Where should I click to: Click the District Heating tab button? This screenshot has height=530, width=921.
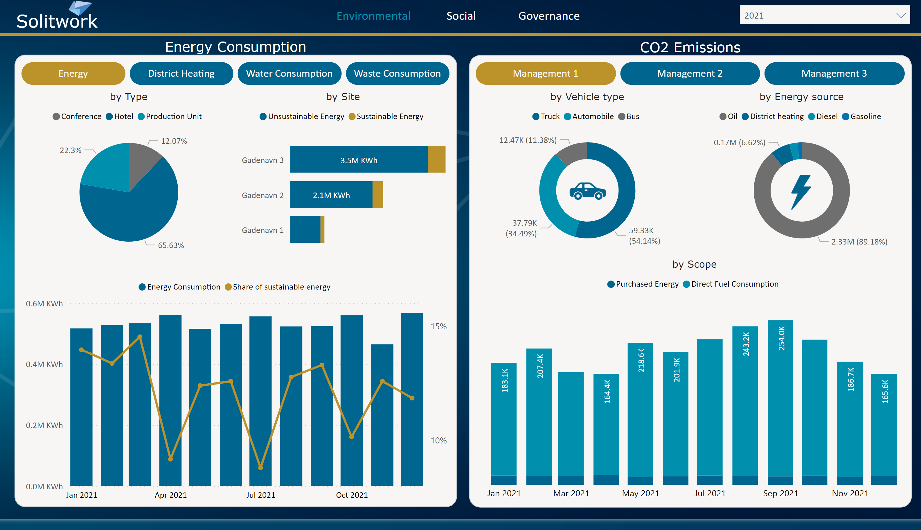click(181, 73)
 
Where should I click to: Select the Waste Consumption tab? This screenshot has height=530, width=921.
click(397, 73)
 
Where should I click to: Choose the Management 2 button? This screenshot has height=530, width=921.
click(690, 73)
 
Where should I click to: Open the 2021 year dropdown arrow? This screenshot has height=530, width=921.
click(901, 15)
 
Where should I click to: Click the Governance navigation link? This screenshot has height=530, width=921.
click(549, 16)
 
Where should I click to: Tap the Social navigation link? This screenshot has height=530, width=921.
click(461, 16)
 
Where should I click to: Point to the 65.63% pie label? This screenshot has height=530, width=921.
click(171, 245)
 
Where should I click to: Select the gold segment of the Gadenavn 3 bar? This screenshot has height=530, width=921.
click(436, 159)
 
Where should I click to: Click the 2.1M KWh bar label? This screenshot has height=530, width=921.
click(331, 195)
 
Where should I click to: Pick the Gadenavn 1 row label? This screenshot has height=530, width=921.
click(262, 230)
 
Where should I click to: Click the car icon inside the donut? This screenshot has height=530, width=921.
click(587, 191)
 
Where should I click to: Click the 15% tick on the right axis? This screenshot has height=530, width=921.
click(438, 326)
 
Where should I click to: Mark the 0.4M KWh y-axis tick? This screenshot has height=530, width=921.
click(44, 364)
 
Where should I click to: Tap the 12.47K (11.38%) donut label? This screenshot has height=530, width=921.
click(528, 140)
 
